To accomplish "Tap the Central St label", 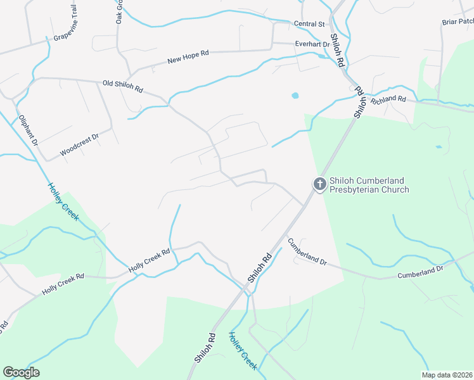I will [309, 24].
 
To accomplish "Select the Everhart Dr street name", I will [313, 44].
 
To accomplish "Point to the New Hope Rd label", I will [188, 60].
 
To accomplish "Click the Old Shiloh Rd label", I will [123, 87].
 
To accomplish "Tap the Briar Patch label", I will [458, 22].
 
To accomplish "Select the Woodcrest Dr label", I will [80, 144].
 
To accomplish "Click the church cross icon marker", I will [320, 184].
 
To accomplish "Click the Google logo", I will [21, 372].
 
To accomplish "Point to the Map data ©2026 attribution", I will [447, 375].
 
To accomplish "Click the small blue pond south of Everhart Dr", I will [295, 96].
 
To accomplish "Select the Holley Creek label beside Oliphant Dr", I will [63, 202].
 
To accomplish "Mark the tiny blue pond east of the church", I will [439, 146].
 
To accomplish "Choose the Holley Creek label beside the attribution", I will [243, 351].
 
